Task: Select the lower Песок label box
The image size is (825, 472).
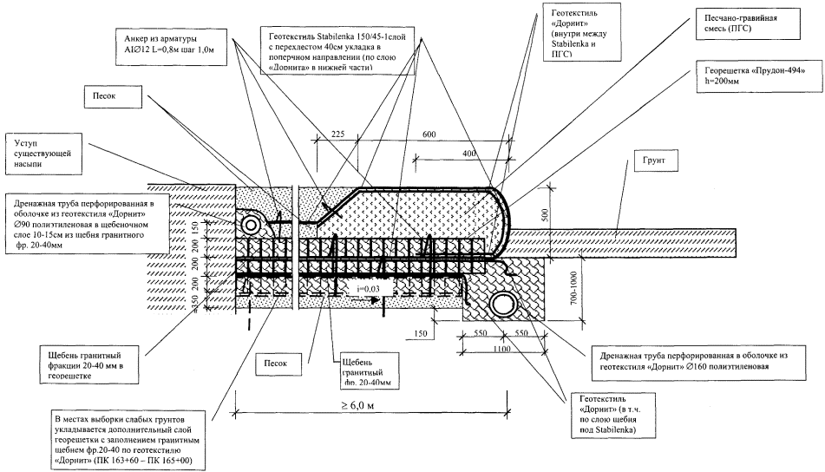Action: [x=278, y=359]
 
